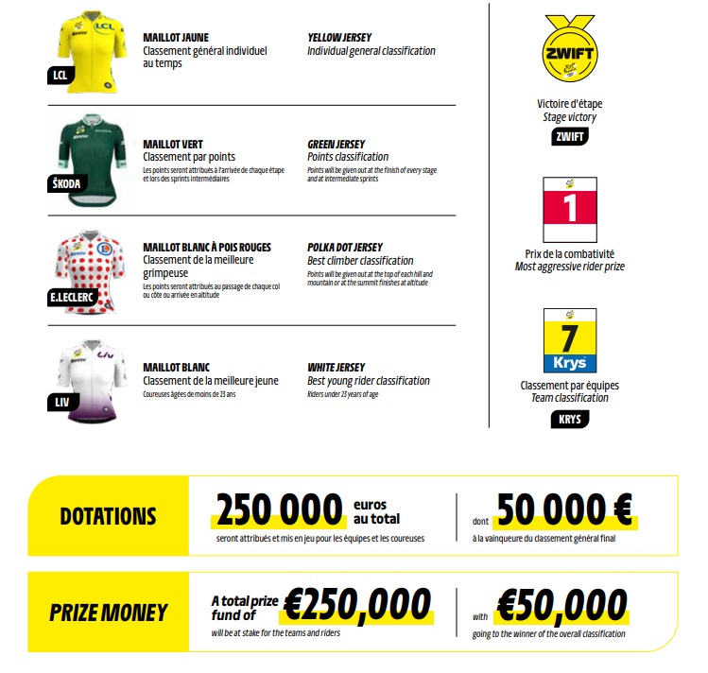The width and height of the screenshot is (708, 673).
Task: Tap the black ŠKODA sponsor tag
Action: (64, 183)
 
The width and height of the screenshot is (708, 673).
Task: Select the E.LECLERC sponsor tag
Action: (73, 297)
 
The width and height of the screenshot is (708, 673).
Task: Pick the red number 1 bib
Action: (569, 210)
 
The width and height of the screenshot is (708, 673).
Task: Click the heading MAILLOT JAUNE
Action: (176, 37)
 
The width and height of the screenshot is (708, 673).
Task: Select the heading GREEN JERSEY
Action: (337, 145)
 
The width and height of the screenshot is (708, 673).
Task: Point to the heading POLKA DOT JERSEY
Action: (345, 248)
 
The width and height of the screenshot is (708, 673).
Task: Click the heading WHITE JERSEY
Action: (337, 367)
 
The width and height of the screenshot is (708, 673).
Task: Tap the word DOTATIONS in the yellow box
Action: (108, 516)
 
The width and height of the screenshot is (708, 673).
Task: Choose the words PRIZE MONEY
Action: (108, 613)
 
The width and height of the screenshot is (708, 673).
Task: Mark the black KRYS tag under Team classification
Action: (568, 420)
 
